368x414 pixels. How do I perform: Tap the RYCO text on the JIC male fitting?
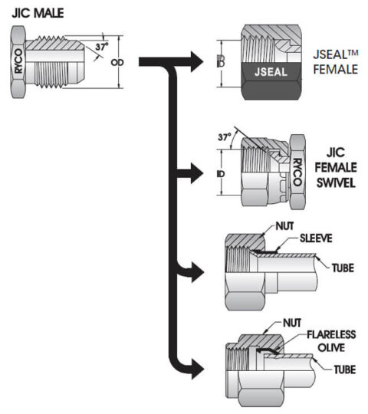coord(19,58)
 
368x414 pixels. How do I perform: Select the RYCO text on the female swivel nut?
coord(297,174)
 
